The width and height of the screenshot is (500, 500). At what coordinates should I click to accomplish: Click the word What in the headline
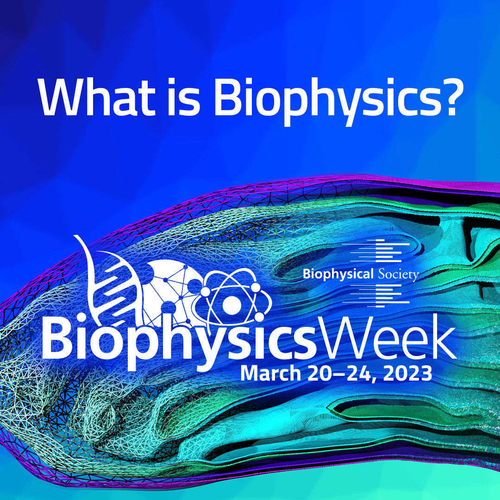pyautogui.click(x=96, y=97)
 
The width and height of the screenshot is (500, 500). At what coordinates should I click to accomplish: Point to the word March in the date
pyautogui.click(x=270, y=374)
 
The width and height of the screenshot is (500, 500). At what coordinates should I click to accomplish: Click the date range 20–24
pyautogui.click(x=338, y=374)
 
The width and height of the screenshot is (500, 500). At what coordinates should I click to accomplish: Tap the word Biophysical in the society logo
pyautogui.click(x=337, y=274)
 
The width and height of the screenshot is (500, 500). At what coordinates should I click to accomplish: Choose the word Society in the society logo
pyautogui.click(x=398, y=274)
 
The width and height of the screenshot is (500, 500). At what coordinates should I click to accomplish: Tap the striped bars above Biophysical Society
pyautogui.click(x=376, y=250)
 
